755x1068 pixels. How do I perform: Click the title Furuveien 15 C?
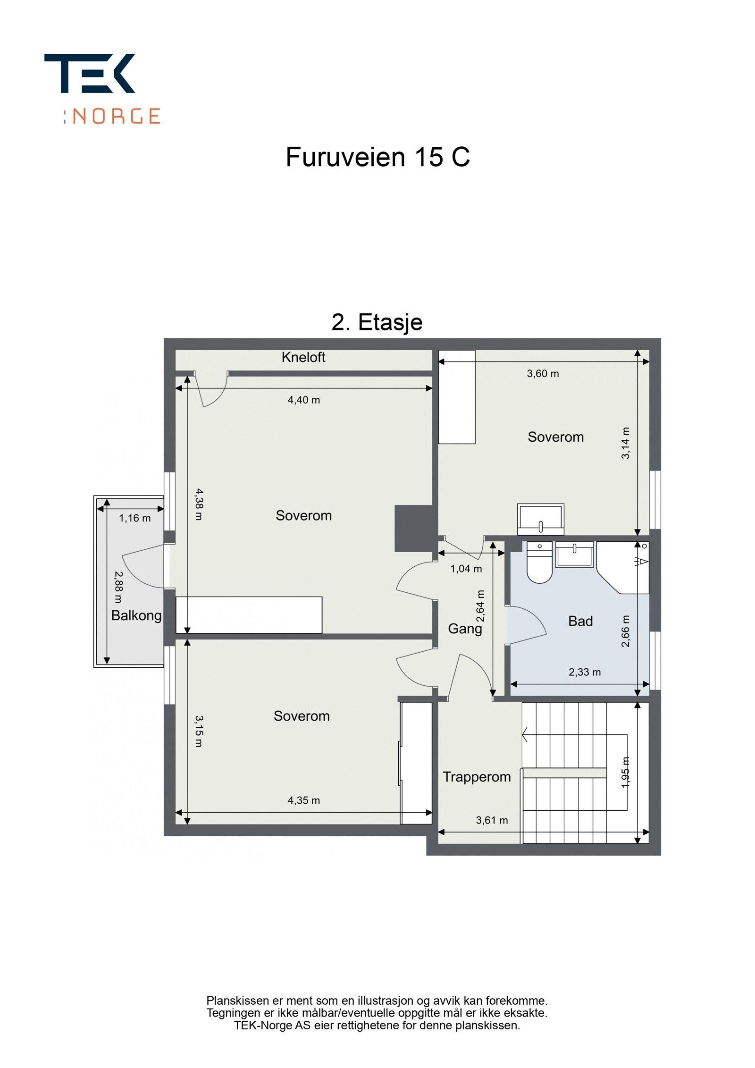click(x=377, y=157)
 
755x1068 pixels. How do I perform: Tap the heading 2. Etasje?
click(x=377, y=322)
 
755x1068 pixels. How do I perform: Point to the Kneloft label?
click(x=303, y=357)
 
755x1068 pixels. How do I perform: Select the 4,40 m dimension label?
click(x=304, y=400)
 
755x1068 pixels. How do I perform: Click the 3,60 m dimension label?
click(x=543, y=374)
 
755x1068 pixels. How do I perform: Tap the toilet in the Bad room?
click(x=539, y=562)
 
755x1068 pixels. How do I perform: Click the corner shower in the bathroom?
click(x=623, y=567)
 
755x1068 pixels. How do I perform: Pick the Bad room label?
click(x=580, y=621)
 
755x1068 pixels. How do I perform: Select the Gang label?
click(x=465, y=629)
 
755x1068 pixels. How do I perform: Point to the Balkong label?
click(x=136, y=615)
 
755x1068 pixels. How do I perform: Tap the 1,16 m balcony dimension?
click(x=135, y=518)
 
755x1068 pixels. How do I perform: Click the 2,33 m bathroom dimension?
click(x=585, y=672)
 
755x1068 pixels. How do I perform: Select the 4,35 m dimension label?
click(x=304, y=800)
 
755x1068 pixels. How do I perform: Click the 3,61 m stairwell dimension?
click(x=492, y=820)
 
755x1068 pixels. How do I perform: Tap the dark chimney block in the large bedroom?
click(x=414, y=529)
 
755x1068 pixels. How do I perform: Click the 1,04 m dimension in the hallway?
click(x=466, y=569)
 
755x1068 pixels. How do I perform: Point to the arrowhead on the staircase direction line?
click(x=525, y=734)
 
